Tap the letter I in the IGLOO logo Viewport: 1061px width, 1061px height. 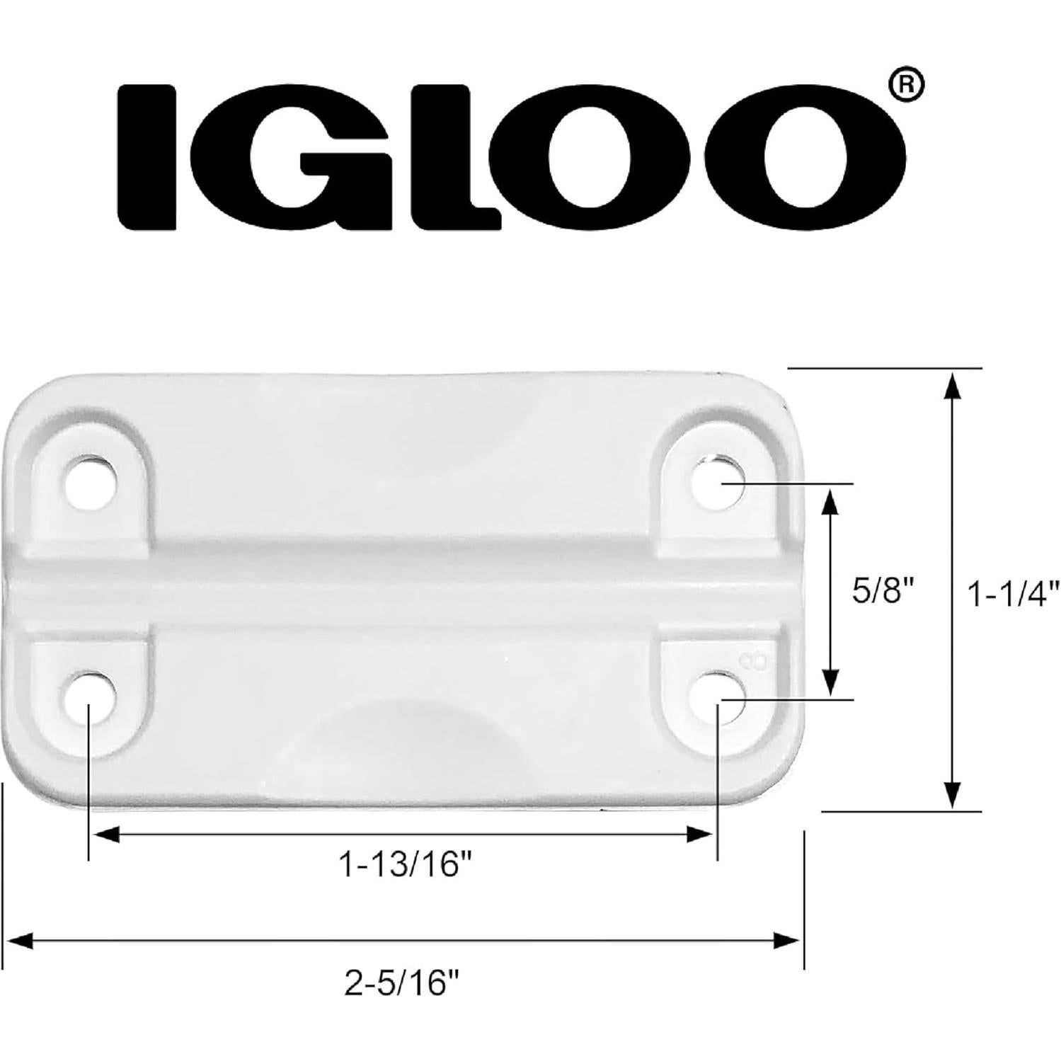point(146,157)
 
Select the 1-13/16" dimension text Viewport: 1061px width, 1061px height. point(406,865)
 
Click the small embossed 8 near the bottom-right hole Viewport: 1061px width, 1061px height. point(755,663)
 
